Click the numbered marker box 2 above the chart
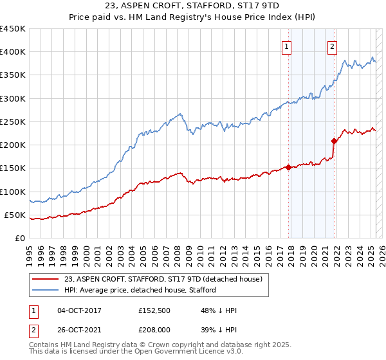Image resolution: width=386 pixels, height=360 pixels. [x=333, y=46]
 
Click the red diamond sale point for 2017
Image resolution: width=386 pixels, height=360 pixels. [x=288, y=167]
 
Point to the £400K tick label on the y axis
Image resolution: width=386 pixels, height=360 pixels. [x=13, y=52]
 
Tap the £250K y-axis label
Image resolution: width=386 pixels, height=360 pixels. [x=13, y=122]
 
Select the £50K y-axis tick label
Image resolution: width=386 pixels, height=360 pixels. [x=15, y=215]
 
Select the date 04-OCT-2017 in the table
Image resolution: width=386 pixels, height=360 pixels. [x=80, y=310]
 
